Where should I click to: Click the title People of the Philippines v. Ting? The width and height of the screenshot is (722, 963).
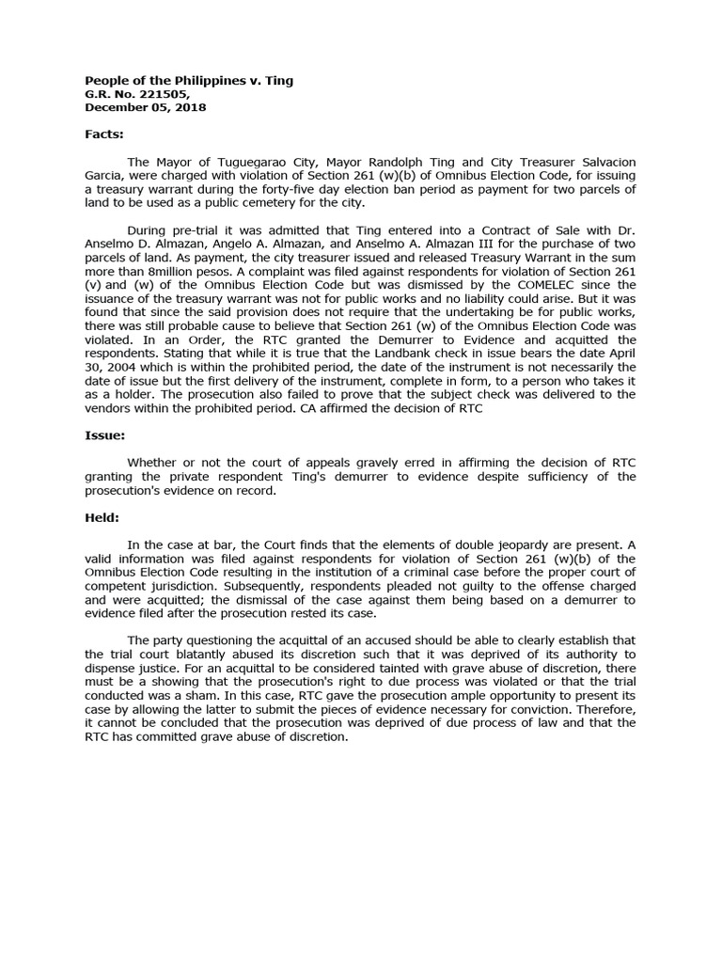(189, 81)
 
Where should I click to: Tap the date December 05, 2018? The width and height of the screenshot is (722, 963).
(146, 107)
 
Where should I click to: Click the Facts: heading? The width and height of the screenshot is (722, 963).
(104, 134)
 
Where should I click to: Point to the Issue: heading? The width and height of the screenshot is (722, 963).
(104, 435)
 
